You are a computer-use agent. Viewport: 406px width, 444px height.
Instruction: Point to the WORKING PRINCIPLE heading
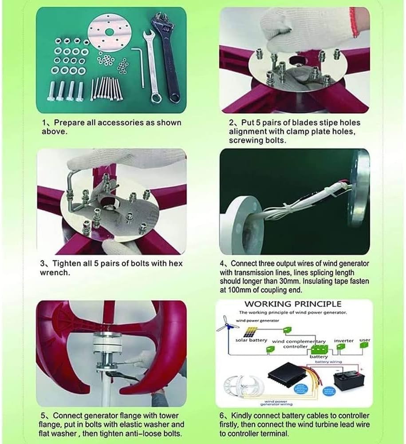coord(293,304)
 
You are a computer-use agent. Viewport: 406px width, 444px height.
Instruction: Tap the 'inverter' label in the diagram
coord(344,341)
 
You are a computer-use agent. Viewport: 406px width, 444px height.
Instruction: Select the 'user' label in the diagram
coord(365,340)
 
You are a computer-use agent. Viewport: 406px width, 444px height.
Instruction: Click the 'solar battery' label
coord(252,341)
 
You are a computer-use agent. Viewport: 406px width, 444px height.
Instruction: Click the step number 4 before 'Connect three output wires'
coord(222,263)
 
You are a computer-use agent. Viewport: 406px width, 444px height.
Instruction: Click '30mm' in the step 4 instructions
coord(327,281)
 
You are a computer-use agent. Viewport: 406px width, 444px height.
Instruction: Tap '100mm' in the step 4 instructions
coord(239,290)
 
